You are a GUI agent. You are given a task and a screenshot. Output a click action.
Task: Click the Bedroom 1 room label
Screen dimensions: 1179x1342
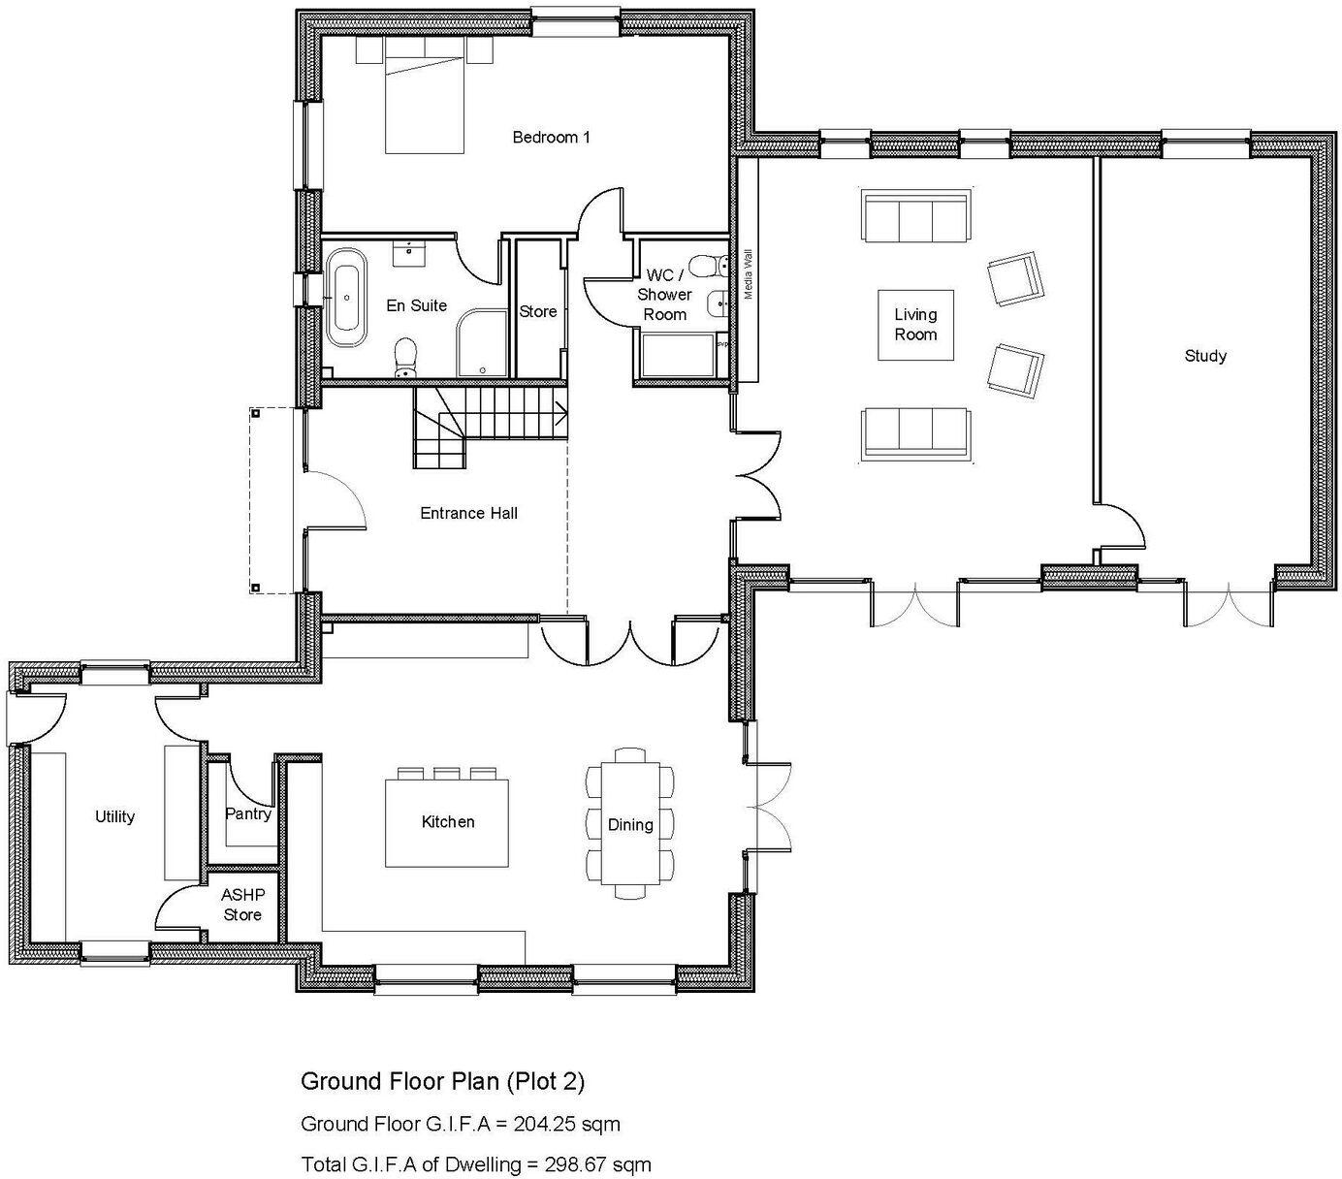[x=551, y=138]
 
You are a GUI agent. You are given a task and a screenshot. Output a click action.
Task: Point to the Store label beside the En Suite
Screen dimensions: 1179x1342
[x=537, y=311]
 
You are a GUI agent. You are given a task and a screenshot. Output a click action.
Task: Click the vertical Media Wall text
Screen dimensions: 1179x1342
[x=748, y=274]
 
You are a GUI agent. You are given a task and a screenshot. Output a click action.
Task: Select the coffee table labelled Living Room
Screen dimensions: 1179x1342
[x=915, y=325]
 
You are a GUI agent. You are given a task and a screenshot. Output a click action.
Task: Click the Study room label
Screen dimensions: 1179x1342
[x=1205, y=356]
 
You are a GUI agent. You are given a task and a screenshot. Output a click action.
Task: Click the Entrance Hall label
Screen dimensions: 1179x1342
[x=468, y=513]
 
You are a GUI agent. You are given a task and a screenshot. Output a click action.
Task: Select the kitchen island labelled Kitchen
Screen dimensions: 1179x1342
[x=447, y=821]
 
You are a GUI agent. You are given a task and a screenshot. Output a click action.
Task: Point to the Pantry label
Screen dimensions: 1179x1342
[x=248, y=813]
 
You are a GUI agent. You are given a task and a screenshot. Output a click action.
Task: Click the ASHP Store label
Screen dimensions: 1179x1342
[x=242, y=905]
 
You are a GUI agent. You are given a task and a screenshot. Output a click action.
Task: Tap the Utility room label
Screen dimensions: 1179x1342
[x=114, y=816]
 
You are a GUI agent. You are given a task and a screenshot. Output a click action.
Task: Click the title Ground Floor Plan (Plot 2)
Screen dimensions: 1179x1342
[x=442, y=1080]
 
